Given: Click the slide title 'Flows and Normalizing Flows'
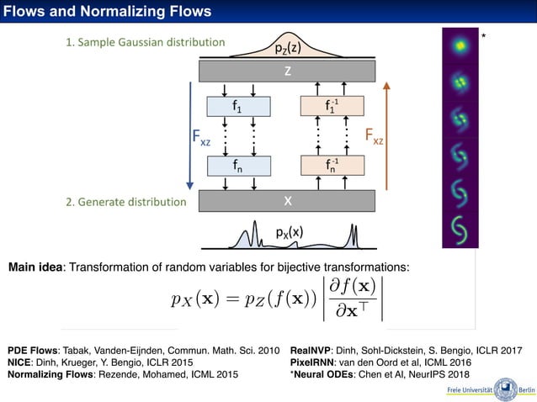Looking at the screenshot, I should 107,12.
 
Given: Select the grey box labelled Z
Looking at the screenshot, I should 287,71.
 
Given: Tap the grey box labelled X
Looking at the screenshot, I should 287,201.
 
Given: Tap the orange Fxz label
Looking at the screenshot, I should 374,135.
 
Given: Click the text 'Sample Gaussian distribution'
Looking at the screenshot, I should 151,41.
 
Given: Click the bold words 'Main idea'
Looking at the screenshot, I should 39,267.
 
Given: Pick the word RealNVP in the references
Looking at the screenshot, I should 311,349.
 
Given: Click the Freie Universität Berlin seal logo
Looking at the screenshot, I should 505,389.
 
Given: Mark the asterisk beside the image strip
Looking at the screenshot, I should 483,37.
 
